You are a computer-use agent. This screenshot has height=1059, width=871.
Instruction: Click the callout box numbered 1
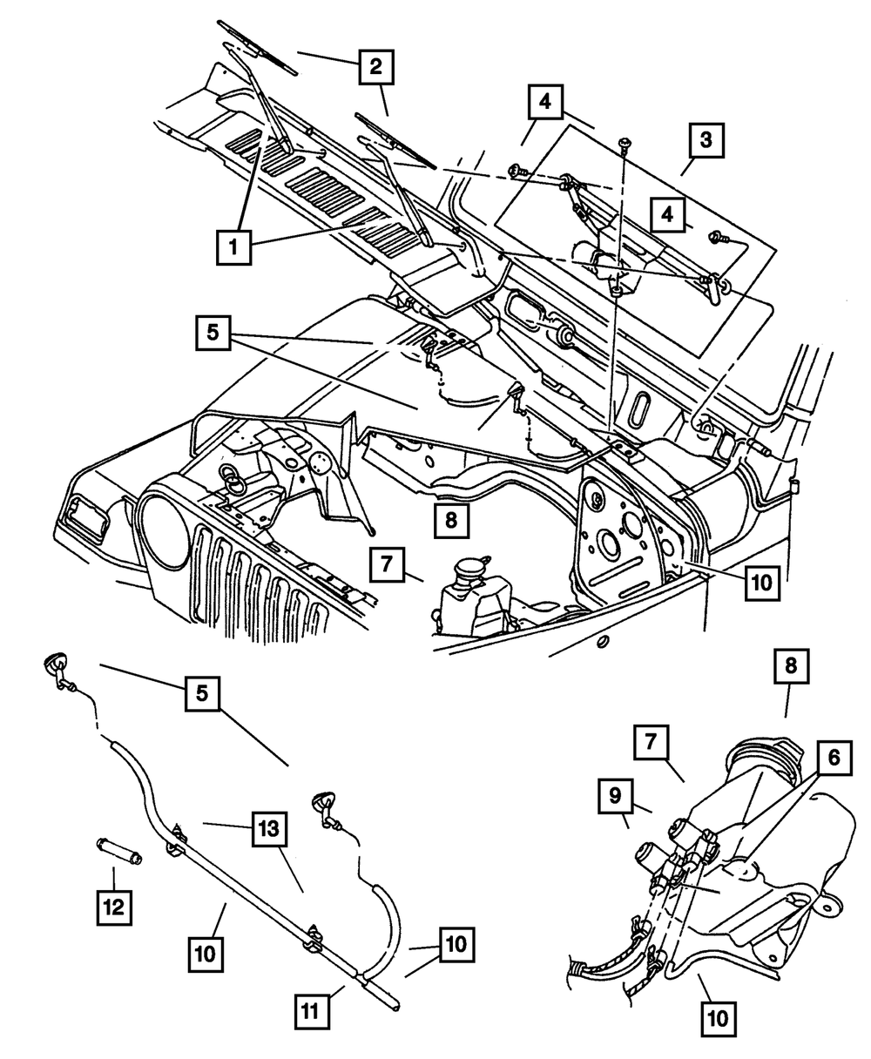233,247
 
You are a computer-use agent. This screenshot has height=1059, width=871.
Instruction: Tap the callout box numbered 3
706,138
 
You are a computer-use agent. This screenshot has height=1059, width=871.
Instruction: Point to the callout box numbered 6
834,759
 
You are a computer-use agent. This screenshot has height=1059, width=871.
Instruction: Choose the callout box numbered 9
616,796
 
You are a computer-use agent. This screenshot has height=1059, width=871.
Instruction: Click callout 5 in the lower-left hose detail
200,696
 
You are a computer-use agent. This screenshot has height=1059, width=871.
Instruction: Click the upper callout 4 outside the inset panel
544,102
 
